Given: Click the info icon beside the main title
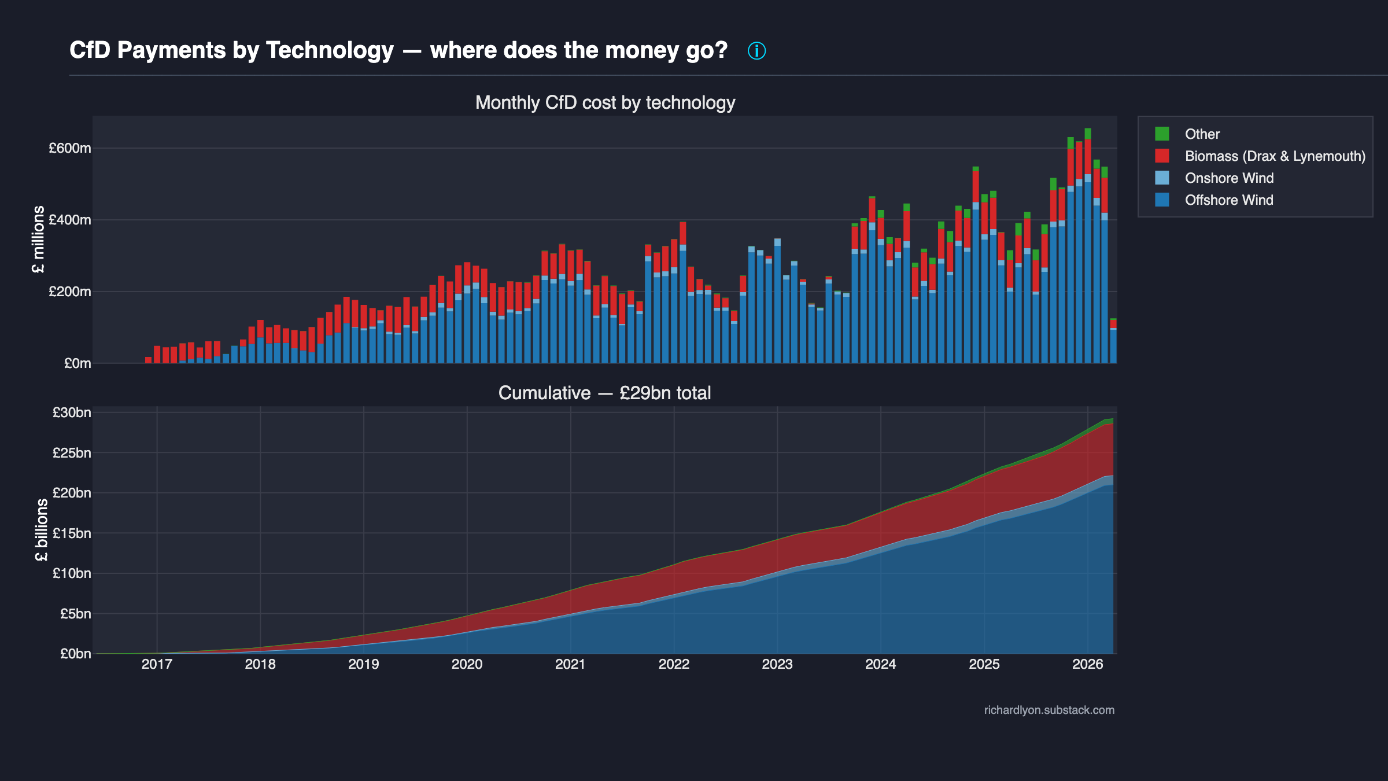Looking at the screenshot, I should tap(756, 51).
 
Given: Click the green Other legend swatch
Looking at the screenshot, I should tap(1162, 134).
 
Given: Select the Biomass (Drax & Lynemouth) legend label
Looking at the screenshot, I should tap(1275, 156).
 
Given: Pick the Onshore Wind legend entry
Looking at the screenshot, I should tap(1229, 178).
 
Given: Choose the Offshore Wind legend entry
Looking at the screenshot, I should tap(1229, 200).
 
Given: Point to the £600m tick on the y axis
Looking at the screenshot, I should tap(70, 148).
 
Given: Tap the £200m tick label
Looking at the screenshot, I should tap(70, 292).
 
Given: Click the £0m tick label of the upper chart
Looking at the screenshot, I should tap(77, 363).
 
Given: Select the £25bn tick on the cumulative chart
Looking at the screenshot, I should tap(72, 453).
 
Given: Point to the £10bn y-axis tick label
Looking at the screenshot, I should tap(72, 573).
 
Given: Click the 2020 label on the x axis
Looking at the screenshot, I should tap(467, 664).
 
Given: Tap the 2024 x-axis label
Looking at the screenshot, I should tap(880, 664).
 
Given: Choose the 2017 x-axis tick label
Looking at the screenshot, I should tap(157, 664).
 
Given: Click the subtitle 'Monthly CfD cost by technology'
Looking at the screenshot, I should tap(605, 102).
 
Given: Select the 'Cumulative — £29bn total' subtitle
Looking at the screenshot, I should tap(604, 393).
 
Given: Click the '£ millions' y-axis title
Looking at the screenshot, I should tap(38, 239).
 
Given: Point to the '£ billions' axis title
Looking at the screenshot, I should tap(42, 530).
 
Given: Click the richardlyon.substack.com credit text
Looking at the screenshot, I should tap(1049, 710).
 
